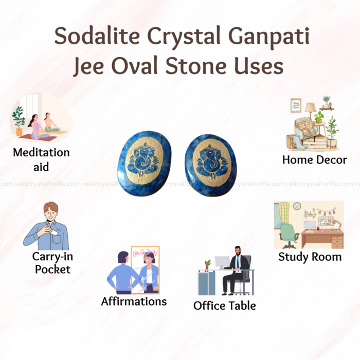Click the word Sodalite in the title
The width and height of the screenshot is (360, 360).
click(x=97, y=35)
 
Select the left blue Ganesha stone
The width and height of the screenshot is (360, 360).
click(x=144, y=164)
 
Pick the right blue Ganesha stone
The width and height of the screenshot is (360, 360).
click(x=211, y=165)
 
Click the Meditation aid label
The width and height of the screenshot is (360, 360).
click(x=41, y=159)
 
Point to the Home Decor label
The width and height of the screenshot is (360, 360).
click(x=315, y=160)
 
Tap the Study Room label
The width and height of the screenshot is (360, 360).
click(x=310, y=257)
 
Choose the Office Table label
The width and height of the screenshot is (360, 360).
click(x=225, y=305)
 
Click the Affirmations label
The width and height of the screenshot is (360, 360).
click(x=134, y=301)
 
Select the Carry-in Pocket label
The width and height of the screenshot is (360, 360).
click(x=52, y=263)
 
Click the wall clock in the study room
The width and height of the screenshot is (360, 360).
click(x=297, y=206)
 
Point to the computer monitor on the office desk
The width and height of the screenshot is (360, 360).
click(x=222, y=262)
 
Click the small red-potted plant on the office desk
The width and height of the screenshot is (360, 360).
click(x=208, y=264)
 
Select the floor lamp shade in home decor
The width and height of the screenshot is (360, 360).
click(x=310, y=107)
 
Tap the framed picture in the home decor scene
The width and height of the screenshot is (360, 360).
click(x=296, y=105)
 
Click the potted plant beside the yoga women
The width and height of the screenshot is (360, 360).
click(x=19, y=121)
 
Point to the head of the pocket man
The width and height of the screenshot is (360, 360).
click(x=51, y=211)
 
